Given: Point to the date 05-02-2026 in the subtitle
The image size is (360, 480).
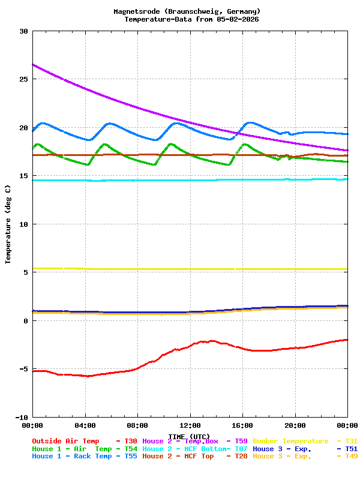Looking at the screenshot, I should (238, 19).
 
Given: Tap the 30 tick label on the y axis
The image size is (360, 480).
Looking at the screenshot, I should (23, 31).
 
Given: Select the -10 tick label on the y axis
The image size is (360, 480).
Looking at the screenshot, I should (21, 417).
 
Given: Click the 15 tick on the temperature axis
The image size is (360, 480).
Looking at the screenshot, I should (23, 176).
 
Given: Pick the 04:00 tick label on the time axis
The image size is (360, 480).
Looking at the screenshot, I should (85, 425).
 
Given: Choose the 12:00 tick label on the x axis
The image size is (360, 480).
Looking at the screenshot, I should (190, 425).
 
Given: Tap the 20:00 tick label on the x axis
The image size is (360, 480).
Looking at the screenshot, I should (295, 425).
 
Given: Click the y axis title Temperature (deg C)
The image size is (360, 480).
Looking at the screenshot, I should (8, 224).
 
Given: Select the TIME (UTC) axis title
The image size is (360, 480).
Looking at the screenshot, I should (189, 436).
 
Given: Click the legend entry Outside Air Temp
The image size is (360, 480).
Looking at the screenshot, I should (65, 441).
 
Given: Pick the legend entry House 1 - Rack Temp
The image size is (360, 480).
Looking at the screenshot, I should (71, 457).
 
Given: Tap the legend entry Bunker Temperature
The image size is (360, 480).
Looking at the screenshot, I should (291, 441).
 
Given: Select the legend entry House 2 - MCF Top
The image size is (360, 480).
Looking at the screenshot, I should (178, 457).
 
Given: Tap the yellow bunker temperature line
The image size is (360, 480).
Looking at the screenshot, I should (180, 269).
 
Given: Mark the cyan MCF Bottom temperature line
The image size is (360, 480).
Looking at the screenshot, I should (180, 180).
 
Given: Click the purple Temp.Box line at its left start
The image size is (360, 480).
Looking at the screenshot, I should (34, 65).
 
